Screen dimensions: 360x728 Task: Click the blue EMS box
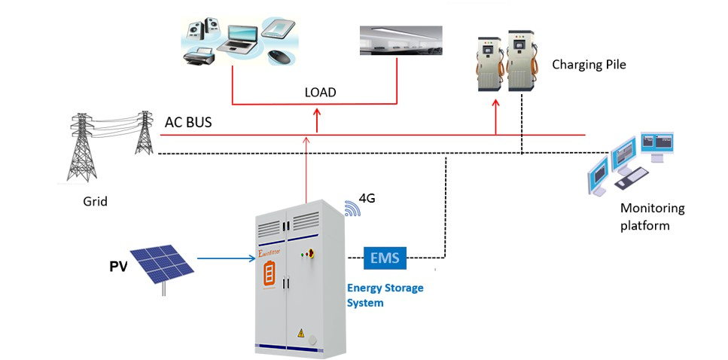coord(385,259)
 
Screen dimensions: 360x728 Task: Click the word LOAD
coord(320,93)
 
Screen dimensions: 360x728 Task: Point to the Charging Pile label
coord(589,65)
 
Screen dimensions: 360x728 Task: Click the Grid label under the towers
coord(95,201)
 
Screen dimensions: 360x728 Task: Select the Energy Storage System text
coord(385,295)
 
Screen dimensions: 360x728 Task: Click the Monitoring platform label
coord(652,216)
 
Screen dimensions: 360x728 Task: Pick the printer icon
coord(201,53)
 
